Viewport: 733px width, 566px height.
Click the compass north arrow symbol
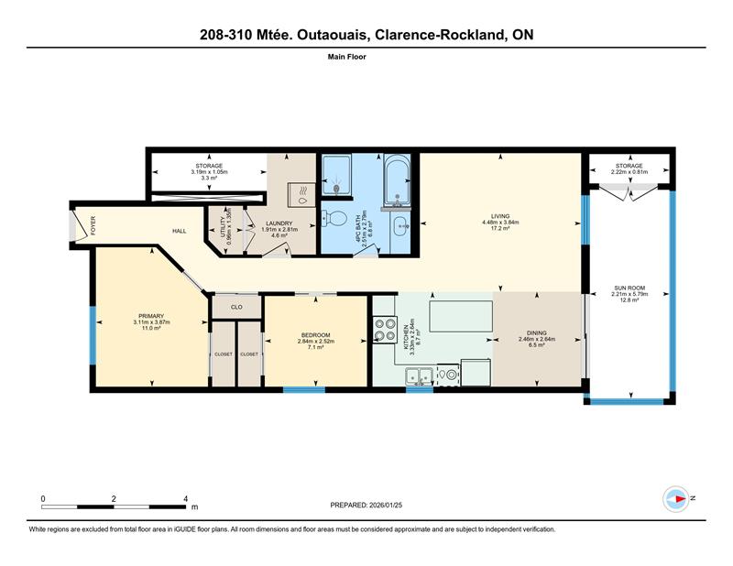(x=677, y=498)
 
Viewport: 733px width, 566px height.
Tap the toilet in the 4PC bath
(x=336, y=221)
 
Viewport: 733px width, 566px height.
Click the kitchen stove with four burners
(x=385, y=330)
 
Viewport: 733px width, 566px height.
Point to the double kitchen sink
(x=421, y=374)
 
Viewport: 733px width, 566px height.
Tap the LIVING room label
(x=500, y=215)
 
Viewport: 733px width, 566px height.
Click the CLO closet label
(x=235, y=307)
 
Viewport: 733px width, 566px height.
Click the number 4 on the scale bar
(x=186, y=498)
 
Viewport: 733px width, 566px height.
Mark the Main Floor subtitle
(x=366, y=56)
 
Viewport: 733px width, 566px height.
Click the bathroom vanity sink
(x=402, y=226)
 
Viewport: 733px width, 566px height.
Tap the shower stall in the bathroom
(x=335, y=177)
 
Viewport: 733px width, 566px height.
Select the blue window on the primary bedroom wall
(x=93, y=329)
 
